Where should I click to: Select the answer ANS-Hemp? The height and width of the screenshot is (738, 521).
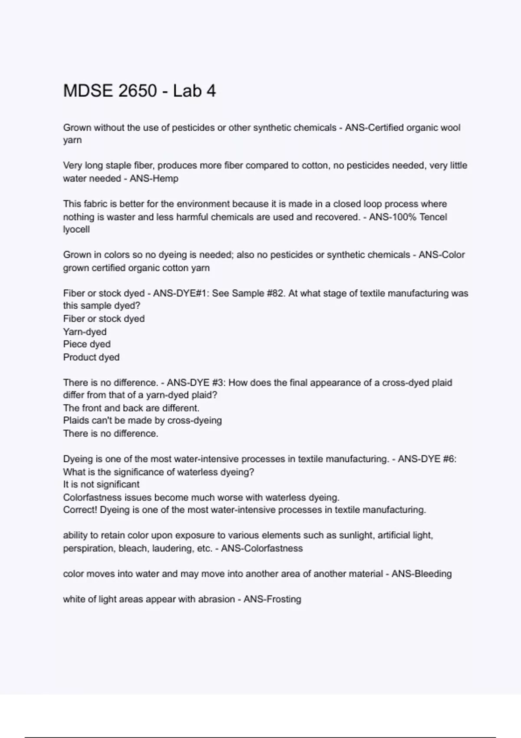click(x=154, y=178)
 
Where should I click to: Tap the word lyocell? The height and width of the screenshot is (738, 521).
click(x=76, y=229)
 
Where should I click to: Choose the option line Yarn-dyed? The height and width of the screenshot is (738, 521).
click(x=85, y=332)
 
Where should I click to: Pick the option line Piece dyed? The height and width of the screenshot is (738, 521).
click(x=87, y=344)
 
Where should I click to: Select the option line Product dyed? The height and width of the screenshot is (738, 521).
click(x=91, y=357)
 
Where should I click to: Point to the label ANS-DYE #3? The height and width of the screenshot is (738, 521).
click(x=196, y=382)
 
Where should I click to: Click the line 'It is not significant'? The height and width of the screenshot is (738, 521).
click(x=101, y=484)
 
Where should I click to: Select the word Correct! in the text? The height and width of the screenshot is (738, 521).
click(x=80, y=510)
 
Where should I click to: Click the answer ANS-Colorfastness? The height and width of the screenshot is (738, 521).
click(x=262, y=548)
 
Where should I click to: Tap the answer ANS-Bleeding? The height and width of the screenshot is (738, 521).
click(x=422, y=574)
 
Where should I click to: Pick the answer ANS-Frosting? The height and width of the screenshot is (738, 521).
click(x=272, y=600)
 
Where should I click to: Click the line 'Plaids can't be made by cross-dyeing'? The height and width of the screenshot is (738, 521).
click(x=142, y=421)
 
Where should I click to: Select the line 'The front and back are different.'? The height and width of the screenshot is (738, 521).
click(x=131, y=408)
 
